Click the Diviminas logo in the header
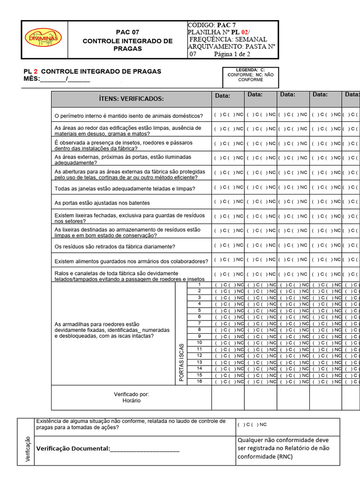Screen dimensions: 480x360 click(43, 38)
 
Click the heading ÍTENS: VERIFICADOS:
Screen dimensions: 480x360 click(131, 99)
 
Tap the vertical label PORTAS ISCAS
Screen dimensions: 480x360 click(181, 362)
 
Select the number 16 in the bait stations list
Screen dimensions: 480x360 click(199, 382)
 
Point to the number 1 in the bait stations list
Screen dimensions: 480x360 click(199, 285)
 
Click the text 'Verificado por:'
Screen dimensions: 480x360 click(131, 394)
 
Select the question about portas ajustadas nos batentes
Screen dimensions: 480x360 click(102, 203)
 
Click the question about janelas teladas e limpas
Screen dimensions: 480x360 click(118, 188)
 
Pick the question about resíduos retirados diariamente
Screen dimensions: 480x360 click(115, 247)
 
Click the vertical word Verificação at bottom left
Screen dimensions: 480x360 click(28, 449)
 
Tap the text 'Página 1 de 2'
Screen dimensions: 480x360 click(232, 54)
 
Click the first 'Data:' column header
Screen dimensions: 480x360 click(223, 96)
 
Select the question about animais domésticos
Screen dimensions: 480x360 click(129, 116)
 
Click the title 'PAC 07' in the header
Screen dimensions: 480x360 click(127, 32)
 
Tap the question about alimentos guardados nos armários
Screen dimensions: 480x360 click(131, 261)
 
